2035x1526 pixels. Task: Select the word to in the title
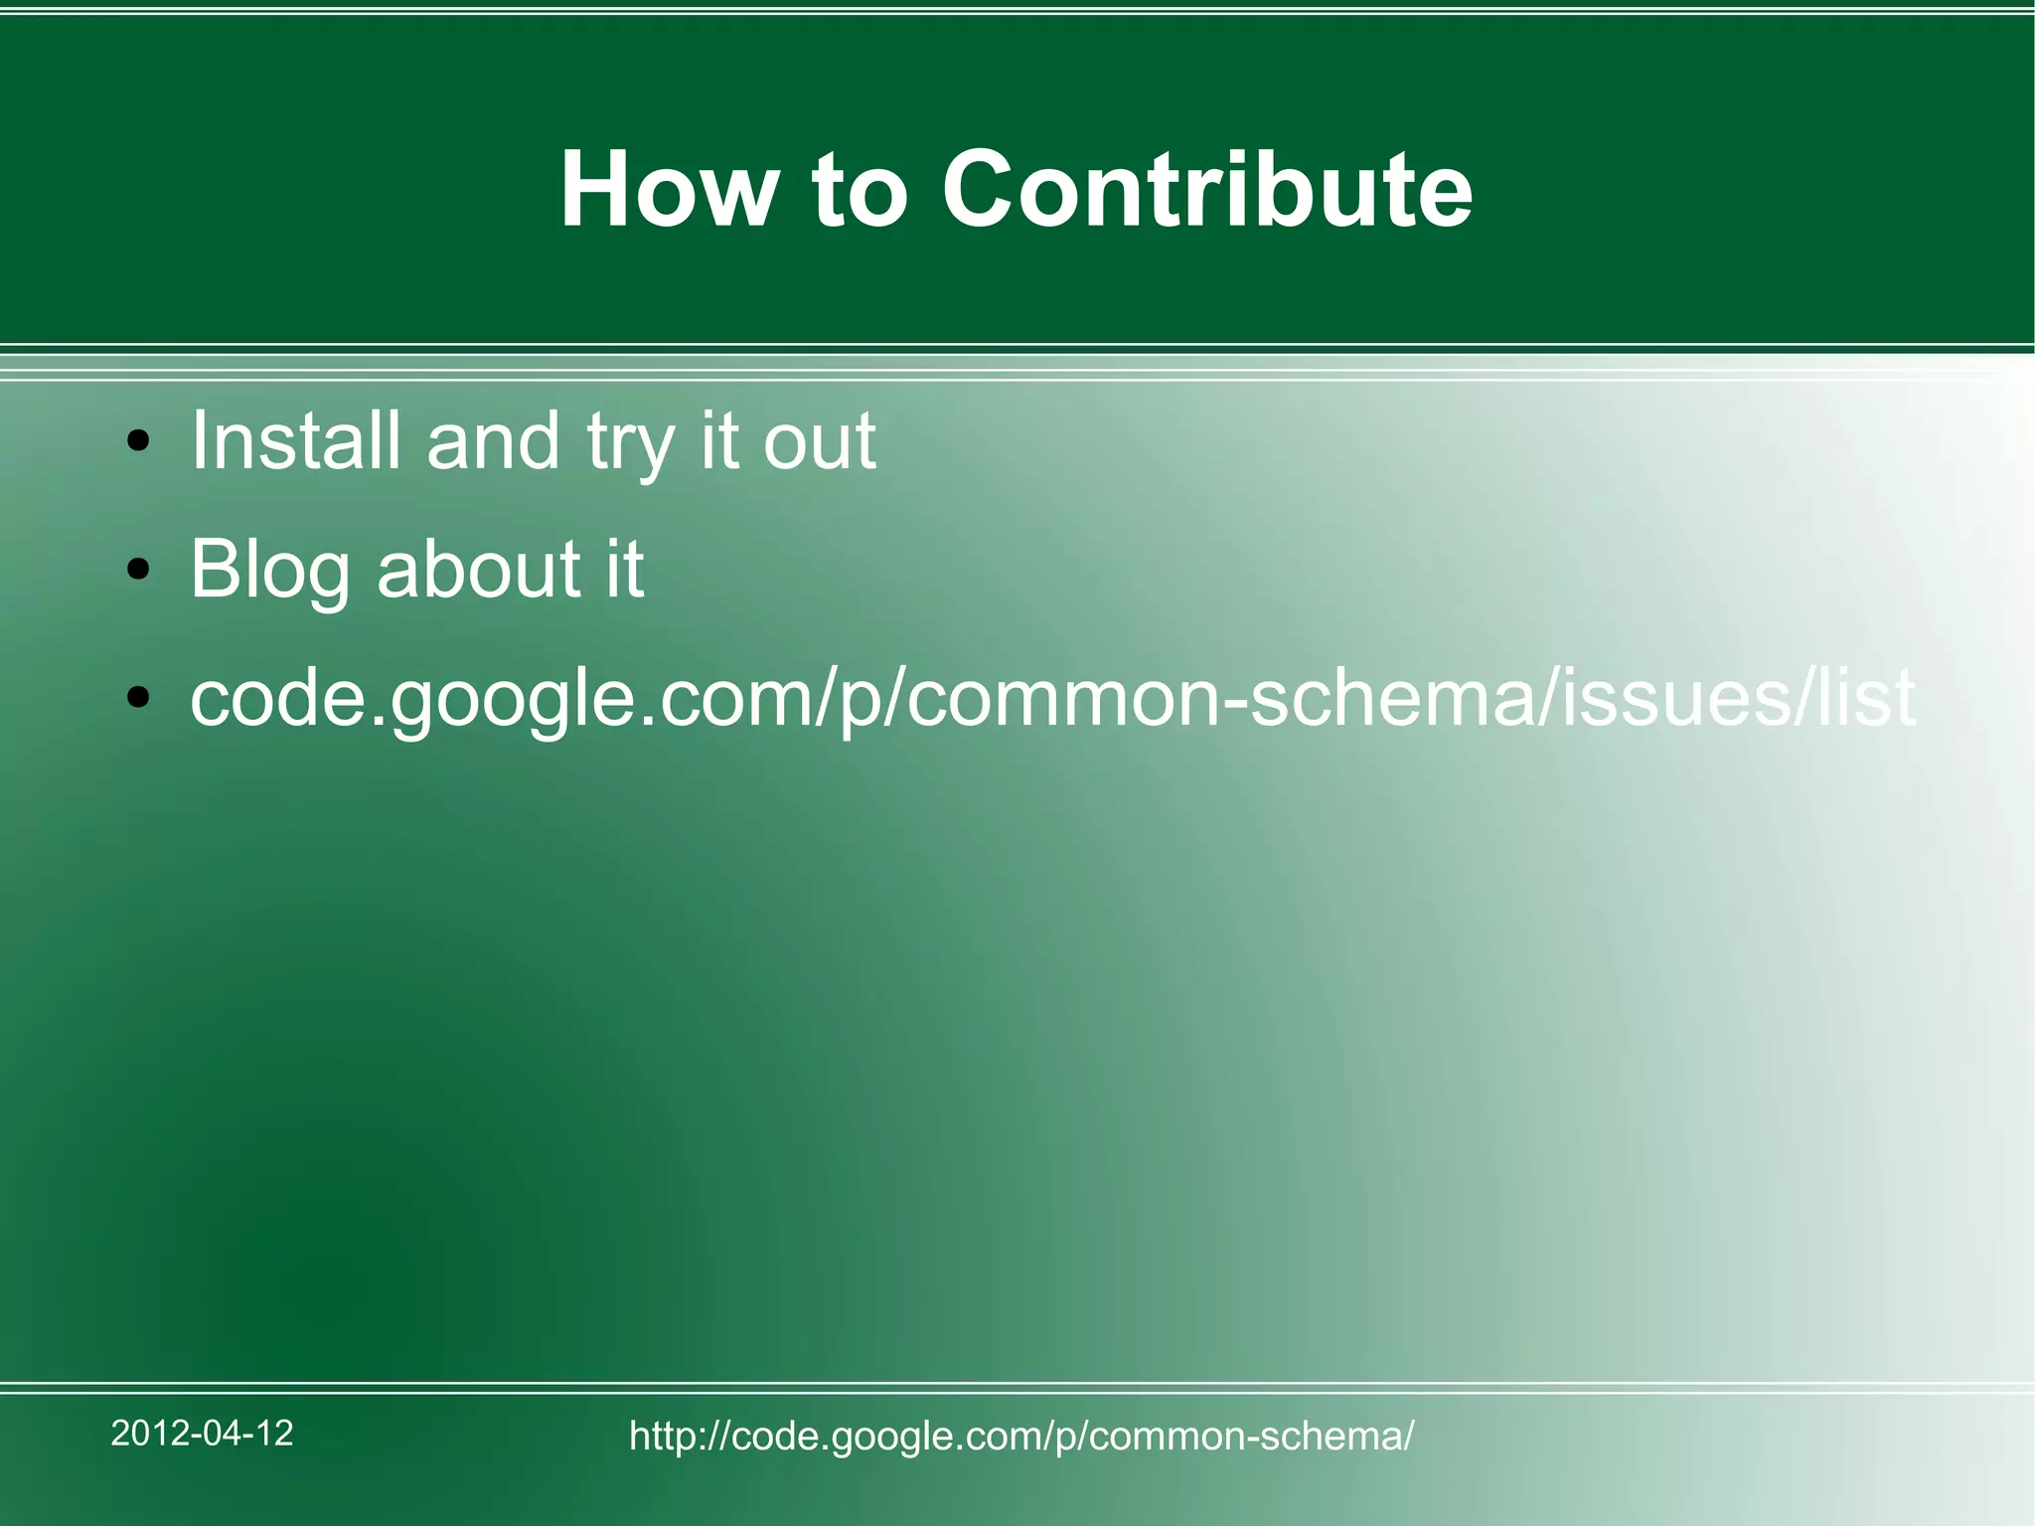860,191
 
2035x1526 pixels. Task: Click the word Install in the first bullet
295,440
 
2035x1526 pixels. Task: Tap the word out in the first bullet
819,442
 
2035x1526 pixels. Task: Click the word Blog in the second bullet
269,571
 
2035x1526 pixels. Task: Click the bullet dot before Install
139,440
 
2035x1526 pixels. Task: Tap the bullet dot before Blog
139,570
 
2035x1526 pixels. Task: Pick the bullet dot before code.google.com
139,698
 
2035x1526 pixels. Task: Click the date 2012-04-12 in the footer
202,1433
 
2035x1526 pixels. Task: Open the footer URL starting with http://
1020,1436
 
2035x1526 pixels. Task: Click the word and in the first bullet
493,440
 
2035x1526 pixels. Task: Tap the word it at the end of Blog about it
625,569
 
